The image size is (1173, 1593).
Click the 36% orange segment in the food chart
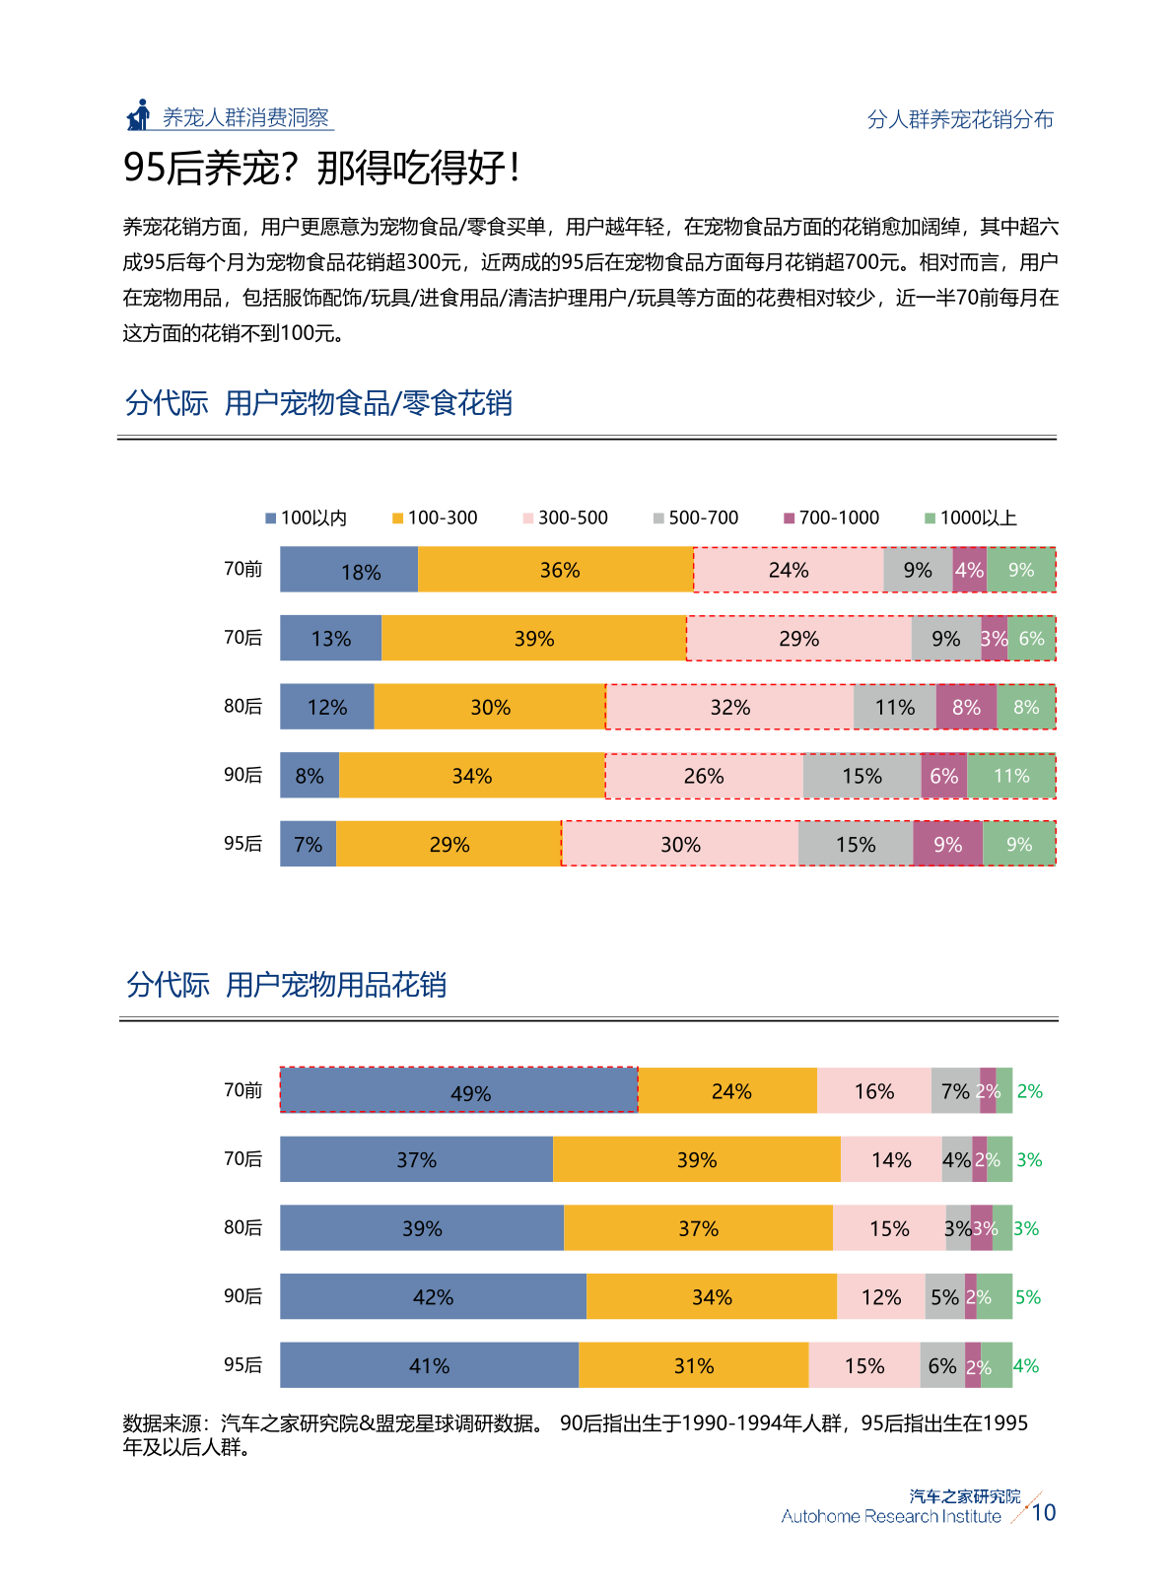click(x=556, y=570)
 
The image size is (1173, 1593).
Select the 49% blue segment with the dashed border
click(x=459, y=1090)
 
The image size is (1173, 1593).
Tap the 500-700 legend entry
click(x=696, y=518)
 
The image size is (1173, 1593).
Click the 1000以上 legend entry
click(x=971, y=518)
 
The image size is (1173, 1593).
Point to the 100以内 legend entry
click(x=307, y=518)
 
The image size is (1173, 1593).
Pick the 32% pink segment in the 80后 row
click(x=729, y=707)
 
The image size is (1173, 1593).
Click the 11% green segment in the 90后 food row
click(x=1011, y=776)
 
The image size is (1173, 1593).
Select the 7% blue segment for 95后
click(x=309, y=844)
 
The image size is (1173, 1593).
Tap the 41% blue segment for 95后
click(x=429, y=1365)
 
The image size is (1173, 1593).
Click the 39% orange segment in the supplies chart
click(x=696, y=1159)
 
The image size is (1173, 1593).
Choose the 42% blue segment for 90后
click(x=433, y=1296)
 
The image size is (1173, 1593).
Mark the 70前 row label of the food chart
click(x=242, y=569)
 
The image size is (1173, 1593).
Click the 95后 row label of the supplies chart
click(x=242, y=1364)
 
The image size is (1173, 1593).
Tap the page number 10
click(x=1043, y=1512)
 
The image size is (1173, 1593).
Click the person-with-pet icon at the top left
click(x=139, y=115)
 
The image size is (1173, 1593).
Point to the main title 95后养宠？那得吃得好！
click(x=321, y=168)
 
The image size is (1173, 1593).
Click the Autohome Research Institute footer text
click(x=891, y=1516)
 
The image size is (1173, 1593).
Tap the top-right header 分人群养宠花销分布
click(x=960, y=119)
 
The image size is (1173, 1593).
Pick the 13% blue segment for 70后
click(x=330, y=638)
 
